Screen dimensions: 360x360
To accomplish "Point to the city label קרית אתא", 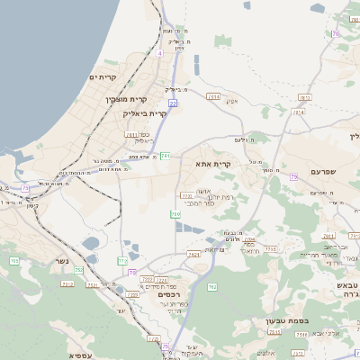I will point(213,164).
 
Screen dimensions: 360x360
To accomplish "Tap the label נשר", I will point(61,261).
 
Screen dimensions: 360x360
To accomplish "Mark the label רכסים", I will point(168,294).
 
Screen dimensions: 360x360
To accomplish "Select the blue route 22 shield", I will point(173,103).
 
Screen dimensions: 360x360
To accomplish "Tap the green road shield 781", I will point(166,156).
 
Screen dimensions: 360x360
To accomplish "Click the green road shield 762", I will point(212,287).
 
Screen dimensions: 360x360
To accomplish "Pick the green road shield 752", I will point(78,270).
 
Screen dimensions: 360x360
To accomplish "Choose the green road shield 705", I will point(13,261).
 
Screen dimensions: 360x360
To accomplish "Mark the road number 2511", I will point(274,332).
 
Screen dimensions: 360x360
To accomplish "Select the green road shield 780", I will point(175,214).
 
